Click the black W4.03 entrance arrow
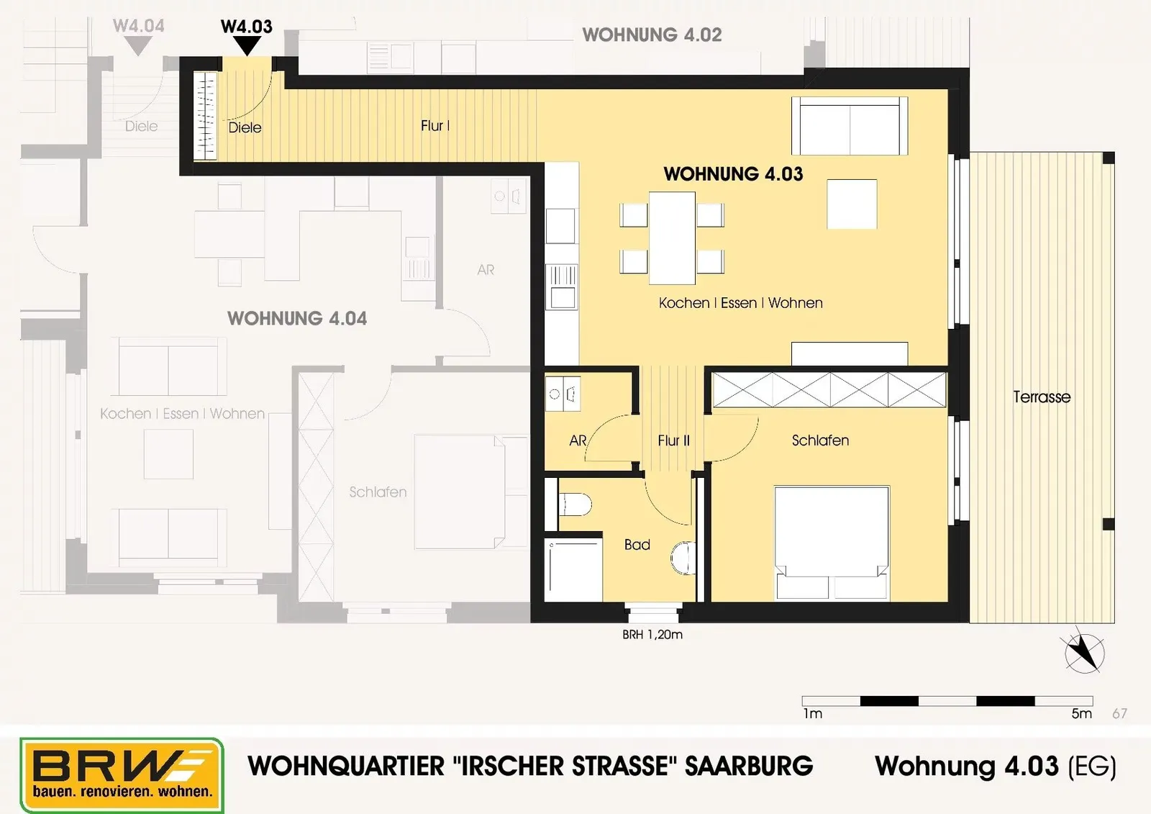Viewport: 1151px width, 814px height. tap(247, 46)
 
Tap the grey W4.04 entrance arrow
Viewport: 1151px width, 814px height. tap(138, 46)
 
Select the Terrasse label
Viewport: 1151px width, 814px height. tap(1042, 397)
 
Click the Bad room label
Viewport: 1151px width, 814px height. tap(637, 545)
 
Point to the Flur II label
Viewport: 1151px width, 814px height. tap(673, 440)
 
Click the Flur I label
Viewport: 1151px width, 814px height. tap(435, 126)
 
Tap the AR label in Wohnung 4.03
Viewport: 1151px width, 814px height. tap(578, 440)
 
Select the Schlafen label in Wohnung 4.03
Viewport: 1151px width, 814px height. tap(820, 440)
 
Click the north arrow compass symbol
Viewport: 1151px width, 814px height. tap(1084, 651)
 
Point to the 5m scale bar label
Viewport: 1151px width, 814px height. tap(1082, 714)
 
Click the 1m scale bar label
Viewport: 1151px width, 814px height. tap(813, 714)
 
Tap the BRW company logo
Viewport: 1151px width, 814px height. tap(122, 775)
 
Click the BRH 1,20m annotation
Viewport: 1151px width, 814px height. tap(652, 635)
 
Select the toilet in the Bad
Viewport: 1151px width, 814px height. tap(575, 505)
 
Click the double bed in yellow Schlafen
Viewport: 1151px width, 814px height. tap(832, 543)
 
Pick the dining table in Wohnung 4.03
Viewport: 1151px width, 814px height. tap(672, 238)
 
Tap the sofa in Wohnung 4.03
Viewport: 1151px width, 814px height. tap(850, 126)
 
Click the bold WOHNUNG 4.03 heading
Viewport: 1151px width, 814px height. tap(733, 174)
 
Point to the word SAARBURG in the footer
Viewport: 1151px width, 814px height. tap(749, 766)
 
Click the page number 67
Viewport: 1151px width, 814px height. tap(1119, 714)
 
